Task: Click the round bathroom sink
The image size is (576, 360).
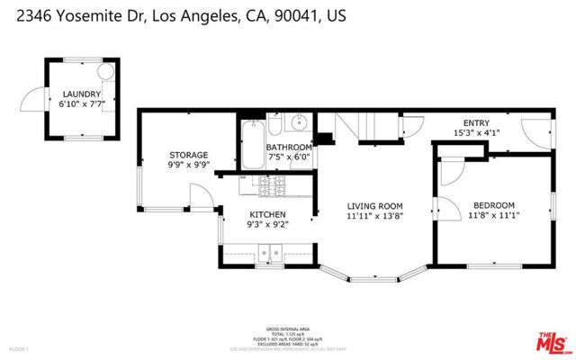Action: [x=301, y=125]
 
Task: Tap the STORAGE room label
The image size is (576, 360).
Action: [x=189, y=155]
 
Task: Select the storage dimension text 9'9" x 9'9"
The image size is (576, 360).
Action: [x=189, y=166]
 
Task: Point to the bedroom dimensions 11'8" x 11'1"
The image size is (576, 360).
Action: [x=493, y=215]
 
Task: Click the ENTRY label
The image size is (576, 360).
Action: [x=476, y=123]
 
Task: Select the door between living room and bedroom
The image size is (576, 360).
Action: [x=446, y=183]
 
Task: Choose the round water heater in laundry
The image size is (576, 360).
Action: [x=105, y=71]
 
